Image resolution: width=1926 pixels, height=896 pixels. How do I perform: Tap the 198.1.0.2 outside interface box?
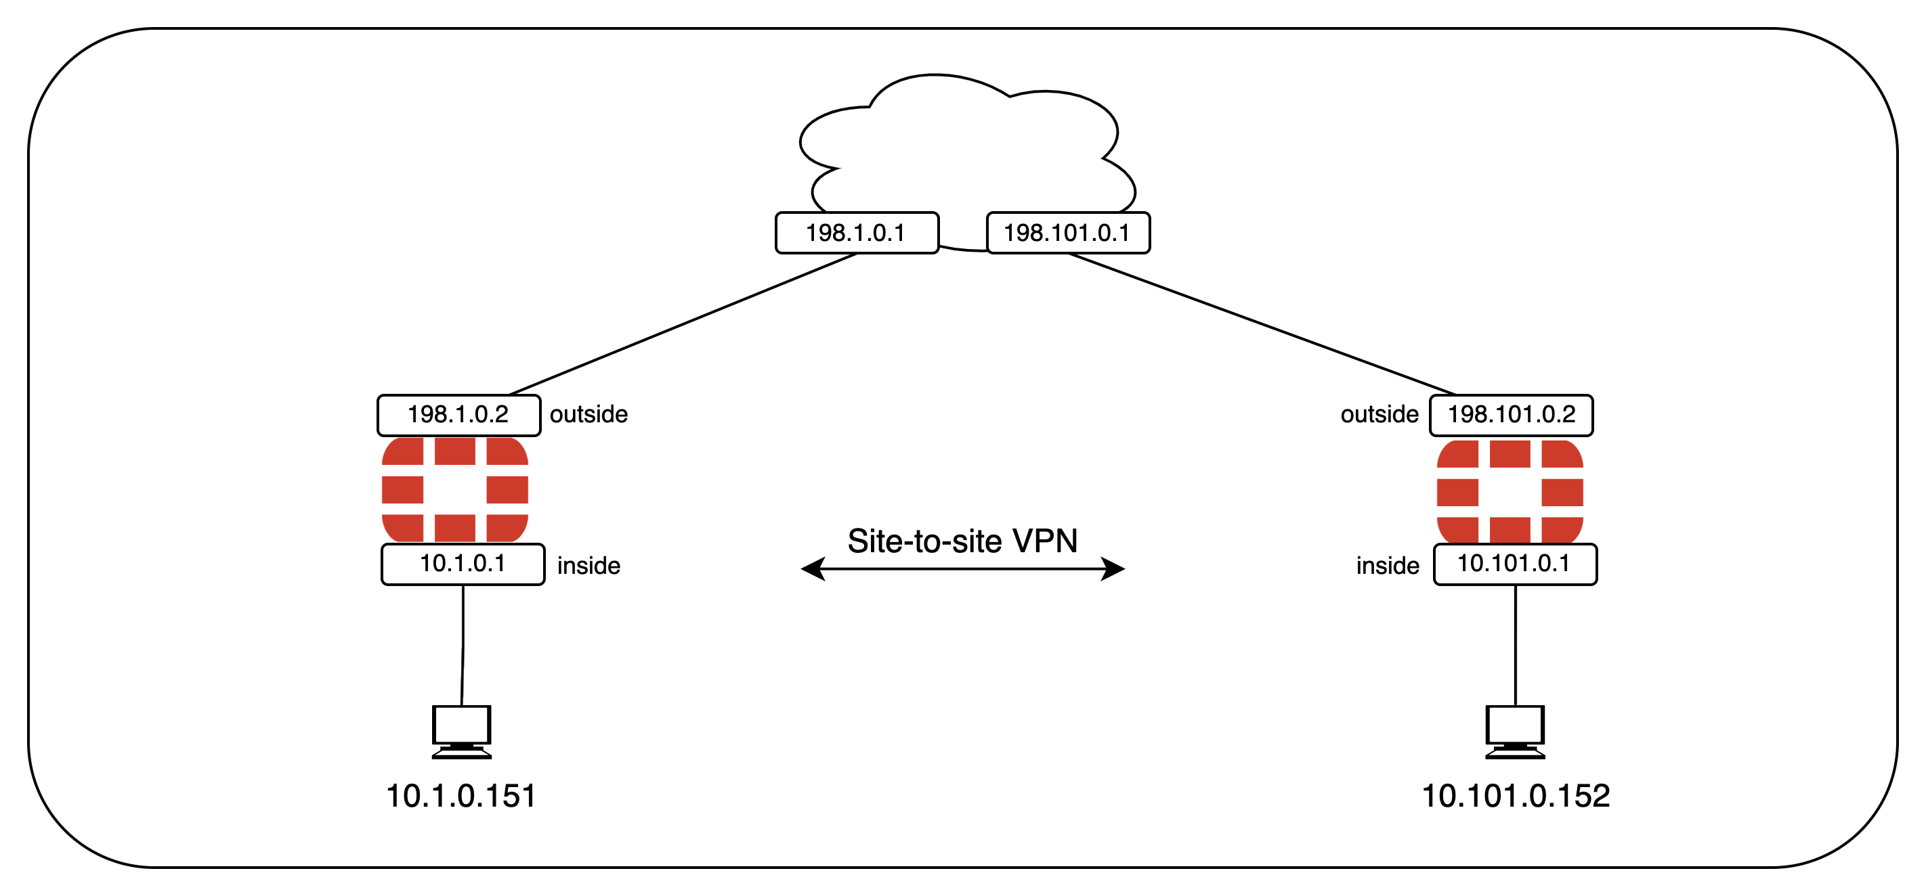click(458, 415)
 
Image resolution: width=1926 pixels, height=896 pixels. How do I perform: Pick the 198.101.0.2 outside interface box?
click(1511, 415)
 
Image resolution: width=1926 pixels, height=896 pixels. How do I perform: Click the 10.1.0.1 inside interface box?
click(463, 564)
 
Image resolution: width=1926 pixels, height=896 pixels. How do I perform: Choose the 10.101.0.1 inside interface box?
click(1515, 564)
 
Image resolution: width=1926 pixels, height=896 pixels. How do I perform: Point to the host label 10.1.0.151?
click(461, 796)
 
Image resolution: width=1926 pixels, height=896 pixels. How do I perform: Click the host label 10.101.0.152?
click(1515, 796)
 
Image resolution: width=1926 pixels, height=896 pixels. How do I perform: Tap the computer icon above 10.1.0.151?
click(462, 732)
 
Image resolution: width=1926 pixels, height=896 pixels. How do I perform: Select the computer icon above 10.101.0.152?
click(1515, 732)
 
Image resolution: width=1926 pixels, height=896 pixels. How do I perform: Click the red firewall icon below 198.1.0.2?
click(455, 489)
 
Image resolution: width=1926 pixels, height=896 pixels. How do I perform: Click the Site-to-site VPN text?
click(962, 541)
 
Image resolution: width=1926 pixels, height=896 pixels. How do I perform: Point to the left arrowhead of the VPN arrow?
click(813, 568)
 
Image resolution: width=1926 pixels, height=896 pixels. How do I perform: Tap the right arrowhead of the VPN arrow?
click(1113, 568)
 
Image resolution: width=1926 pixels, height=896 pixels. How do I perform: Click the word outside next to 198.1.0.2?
click(588, 415)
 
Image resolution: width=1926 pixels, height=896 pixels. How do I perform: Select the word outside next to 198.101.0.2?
click(1379, 415)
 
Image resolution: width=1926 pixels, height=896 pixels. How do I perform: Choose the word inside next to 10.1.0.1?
click(588, 566)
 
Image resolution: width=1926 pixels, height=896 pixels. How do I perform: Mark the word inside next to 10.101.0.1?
click(1388, 566)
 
